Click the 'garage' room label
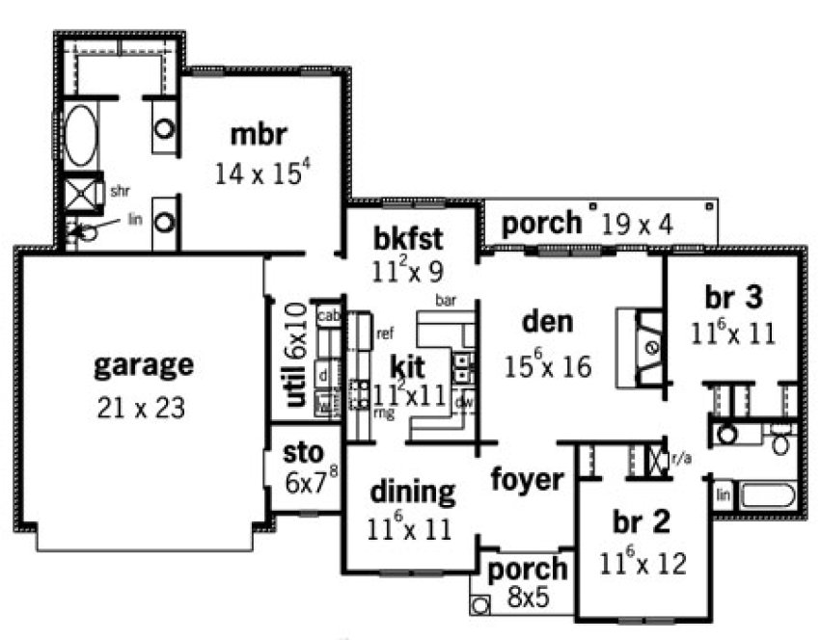pos(144,366)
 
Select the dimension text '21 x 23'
pos(141,408)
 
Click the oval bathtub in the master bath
pos(80,135)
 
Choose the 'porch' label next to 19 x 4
pos(542,224)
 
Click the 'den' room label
pos(547,322)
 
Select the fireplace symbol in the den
pos(652,348)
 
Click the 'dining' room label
pos(412,493)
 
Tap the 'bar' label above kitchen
pos(445,301)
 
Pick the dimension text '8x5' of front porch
pos(528,598)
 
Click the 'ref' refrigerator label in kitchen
pos(385,334)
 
